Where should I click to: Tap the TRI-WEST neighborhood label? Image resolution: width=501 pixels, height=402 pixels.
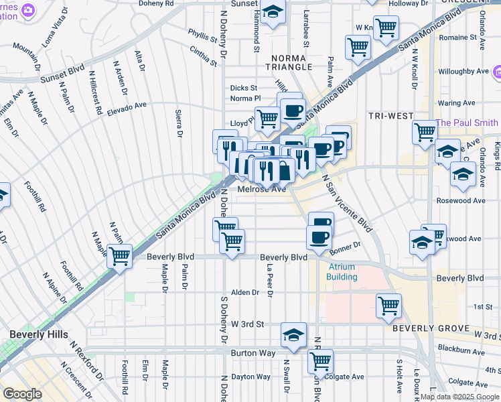(x=390, y=116)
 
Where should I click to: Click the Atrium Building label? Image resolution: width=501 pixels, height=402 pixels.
(x=342, y=271)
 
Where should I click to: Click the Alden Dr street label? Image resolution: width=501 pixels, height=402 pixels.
(x=244, y=292)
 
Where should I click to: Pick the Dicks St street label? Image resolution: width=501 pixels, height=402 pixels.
(x=244, y=88)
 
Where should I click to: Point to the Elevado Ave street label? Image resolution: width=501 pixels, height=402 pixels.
(x=127, y=106)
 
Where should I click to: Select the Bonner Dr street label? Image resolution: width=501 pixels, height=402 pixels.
(x=345, y=246)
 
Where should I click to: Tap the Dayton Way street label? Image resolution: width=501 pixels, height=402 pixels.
(x=250, y=377)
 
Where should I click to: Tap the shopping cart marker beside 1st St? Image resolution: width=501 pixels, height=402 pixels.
(x=388, y=306)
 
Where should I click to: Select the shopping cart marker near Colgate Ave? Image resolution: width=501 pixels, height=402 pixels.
(x=320, y=361)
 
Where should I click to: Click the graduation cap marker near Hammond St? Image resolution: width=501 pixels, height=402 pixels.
(x=273, y=12)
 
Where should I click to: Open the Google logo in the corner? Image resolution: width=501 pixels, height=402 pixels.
(x=22, y=394)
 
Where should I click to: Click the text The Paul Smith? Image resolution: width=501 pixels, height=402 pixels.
(x=467, y=123)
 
